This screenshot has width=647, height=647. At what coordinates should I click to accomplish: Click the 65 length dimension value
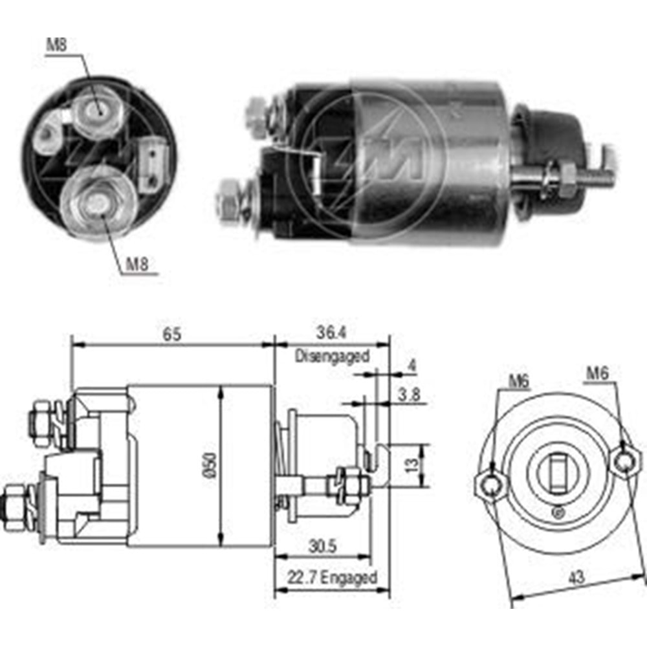tap(172, 334)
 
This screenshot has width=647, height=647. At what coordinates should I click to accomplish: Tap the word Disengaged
tap(332, 355)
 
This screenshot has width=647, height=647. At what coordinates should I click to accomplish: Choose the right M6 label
tap(598, 373)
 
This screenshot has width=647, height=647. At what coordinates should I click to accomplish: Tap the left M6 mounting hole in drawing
tap(493, 483)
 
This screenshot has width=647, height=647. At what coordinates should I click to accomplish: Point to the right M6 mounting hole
tap(624, 462)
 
